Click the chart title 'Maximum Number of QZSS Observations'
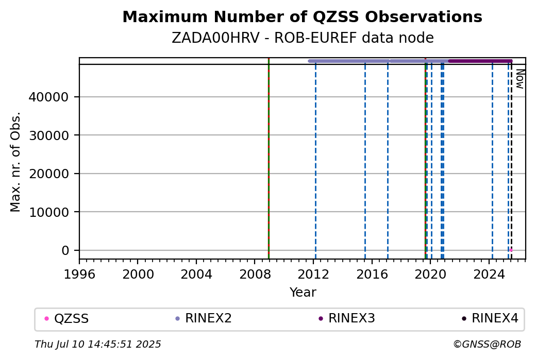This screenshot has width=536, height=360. (302, 17)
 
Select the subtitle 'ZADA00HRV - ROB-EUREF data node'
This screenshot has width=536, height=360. (303, 38)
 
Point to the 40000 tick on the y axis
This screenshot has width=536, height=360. (48, 97)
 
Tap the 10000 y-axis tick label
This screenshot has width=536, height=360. (48, 212)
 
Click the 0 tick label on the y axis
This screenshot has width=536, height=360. (65, 250)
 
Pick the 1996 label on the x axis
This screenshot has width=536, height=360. (79, 275)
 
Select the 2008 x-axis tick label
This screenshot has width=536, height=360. (255, 275)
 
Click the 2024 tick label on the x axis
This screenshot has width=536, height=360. (489, 275)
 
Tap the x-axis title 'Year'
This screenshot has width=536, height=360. (303, 293)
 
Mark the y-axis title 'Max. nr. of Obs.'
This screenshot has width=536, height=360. (15, 162)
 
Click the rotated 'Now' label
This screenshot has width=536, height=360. (520, 79)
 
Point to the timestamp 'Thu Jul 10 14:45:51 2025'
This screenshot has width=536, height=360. (98, 344)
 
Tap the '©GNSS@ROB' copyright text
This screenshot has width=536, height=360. (487, 344)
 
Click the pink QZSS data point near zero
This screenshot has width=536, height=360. (511, 250)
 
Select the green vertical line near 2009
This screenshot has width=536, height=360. (269, 159)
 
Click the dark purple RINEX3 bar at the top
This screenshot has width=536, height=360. (480, 61)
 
